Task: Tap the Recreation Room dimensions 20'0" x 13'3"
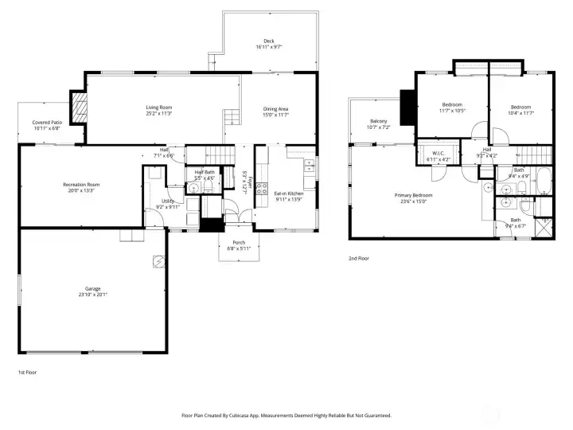point(81,190)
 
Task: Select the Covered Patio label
point(46,123)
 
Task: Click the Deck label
point(269,41)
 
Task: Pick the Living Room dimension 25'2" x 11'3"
point(158,113)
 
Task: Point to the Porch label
point(238,242)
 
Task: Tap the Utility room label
point(168,201)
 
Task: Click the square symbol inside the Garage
point(158,260)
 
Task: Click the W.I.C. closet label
point(438,153)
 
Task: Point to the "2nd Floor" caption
point(359,258)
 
